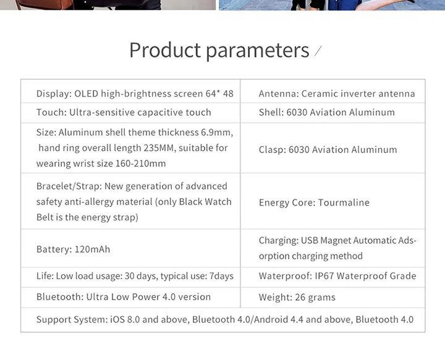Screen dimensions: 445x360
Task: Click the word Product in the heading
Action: click(165, 50)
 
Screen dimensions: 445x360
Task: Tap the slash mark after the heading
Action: click(318, 51)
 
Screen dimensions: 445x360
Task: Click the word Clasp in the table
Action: click(272, 149)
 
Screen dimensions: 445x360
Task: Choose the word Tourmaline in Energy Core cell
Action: click(344, 203)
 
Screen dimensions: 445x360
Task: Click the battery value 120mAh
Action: click(92, 249)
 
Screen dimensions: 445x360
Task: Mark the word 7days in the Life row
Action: click(221, 276)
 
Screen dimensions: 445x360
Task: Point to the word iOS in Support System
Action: click(117, 319)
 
